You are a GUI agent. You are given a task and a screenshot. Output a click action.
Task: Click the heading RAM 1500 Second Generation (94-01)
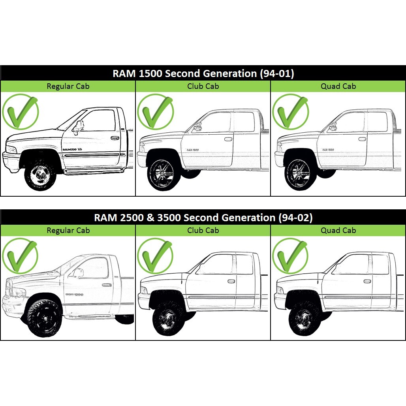click(203, 73)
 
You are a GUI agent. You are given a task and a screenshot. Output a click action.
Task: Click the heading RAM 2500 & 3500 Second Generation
click(203, 218)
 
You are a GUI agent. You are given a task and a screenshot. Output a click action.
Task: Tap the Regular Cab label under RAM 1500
click(68, 86)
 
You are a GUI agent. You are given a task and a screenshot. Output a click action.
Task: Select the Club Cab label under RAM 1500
click(203, 86)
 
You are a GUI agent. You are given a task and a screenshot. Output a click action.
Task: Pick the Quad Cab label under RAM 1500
click(338, 86)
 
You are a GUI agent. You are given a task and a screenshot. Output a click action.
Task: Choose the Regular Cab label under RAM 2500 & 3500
click(68, 230)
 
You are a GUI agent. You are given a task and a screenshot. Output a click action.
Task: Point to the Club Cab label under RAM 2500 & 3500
click(203, 230)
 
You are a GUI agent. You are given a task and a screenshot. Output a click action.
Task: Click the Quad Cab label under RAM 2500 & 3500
click(338, 230)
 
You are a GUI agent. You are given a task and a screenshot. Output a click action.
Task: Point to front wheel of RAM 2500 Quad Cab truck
click(304, 318)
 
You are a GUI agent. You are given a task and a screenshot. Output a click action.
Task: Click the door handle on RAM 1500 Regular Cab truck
click(115, 138)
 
